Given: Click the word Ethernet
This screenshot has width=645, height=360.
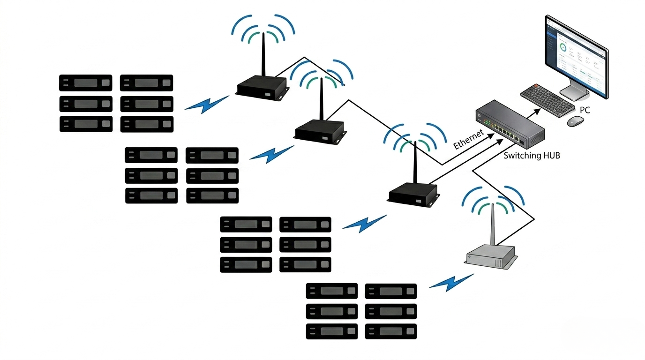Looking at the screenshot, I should click(468, 139).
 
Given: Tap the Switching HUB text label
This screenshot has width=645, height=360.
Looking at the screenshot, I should click(532, 156).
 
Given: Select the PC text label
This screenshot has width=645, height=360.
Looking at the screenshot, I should click(585, 110).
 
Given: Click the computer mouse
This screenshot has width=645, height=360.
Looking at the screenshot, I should click(575, 121).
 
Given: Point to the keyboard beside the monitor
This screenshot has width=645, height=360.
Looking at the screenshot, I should click(547, 100).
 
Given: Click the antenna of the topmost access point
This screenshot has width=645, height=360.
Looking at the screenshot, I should click(263, 54).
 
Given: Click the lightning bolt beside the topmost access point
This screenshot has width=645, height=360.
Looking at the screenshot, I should click(206, 104).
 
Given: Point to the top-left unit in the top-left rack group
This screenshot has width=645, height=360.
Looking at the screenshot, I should click(85, 83).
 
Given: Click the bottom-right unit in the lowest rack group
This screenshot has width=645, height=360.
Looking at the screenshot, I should click(390, 331).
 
